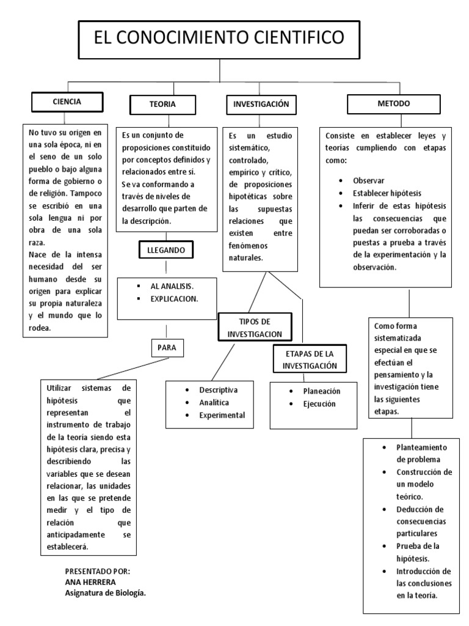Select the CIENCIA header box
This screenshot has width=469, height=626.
[67, 101]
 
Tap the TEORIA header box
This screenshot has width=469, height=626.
[162, 105]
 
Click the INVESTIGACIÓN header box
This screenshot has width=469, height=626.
[260, 105]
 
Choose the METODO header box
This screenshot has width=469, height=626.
[397, 104]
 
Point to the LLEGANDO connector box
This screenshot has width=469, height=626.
[166, 251]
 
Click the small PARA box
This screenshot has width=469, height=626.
[167, 347]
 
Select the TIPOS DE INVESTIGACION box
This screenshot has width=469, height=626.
[254, 328]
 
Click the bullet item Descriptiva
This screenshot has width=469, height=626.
[218, 390]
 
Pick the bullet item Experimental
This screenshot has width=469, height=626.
[222, 415]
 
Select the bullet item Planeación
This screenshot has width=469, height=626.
[321, 391]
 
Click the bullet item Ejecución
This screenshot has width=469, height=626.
[319, 403]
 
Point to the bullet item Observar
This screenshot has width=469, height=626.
[369, 182]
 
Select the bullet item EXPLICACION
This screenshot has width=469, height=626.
[174, 299]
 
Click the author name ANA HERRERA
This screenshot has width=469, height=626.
[90, 581]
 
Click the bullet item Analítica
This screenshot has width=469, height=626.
[214, 403]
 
